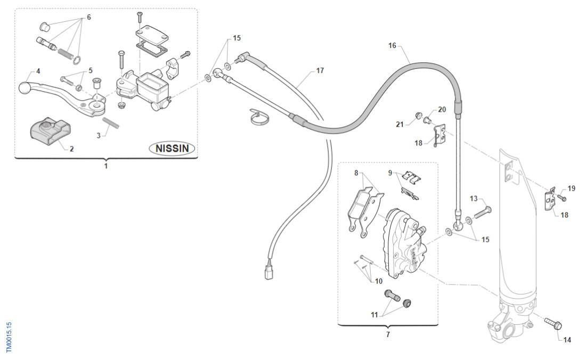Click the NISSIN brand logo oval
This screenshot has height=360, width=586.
(x=172, y=148)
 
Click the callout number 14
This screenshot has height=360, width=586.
(x=566, y=340)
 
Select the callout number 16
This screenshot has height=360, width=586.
(x=392, y=46)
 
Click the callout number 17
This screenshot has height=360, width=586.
(x=320, y=70)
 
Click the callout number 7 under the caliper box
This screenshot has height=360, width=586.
(x=388, y=335)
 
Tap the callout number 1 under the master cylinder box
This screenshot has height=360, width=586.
(x=105, y=166)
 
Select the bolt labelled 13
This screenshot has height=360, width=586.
(x=479, y=213)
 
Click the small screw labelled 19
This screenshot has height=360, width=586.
(x=561, y=199)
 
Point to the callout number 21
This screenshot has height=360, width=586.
(x=400, y=124)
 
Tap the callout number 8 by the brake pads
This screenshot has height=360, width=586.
(x=356, y=173)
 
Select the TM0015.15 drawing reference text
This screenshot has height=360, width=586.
(x=9, y=337)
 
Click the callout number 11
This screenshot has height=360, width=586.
(x=375, y=315)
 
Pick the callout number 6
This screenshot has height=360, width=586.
(x=88, y=17)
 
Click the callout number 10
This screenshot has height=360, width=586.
(x=378, y=281)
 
